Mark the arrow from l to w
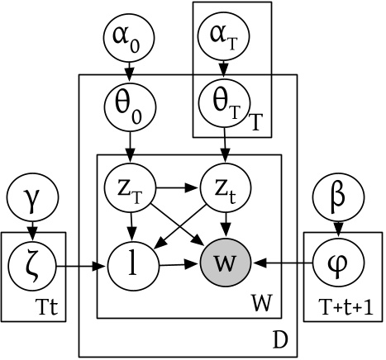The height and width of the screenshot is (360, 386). click(173, 266)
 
